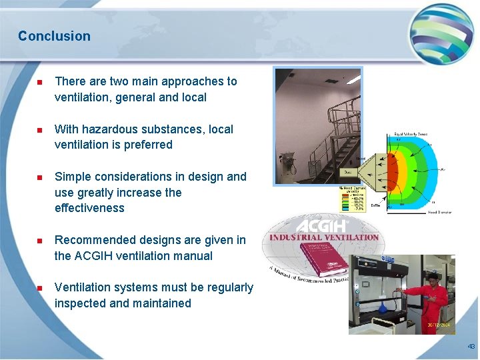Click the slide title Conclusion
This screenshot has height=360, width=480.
[x=54, y=36]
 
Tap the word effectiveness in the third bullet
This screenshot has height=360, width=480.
[x=89, y=208]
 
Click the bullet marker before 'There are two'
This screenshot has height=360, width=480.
[x=39, y=82]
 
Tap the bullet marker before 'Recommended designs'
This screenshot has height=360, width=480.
[x=39, y=241]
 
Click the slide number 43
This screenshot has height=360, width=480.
[x=471, y=347]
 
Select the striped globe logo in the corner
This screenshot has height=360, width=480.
[x=441, y=32]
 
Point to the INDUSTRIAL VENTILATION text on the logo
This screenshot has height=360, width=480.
[x=324, y=237]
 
